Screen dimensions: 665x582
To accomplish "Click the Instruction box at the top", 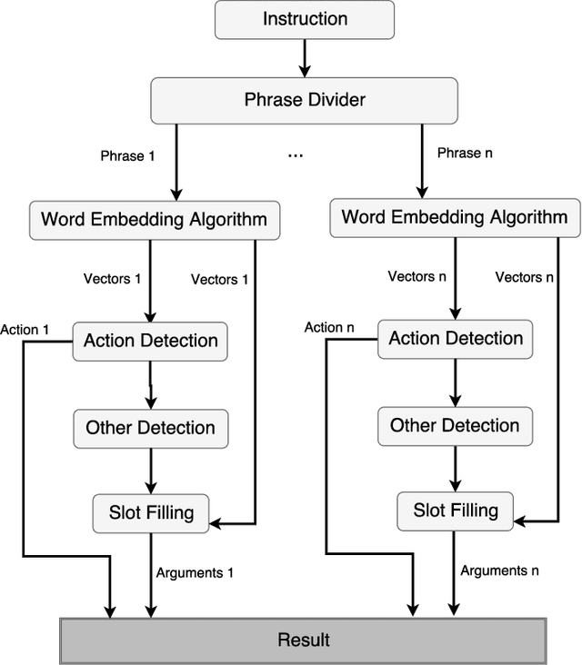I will tap(305, 19).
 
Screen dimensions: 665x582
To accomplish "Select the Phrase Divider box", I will tap(305, 99).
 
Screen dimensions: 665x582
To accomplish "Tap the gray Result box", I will tap(303, 640).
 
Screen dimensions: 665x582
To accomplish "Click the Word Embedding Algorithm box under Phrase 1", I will tap(155, 219).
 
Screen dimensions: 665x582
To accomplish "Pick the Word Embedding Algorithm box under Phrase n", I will tap(454, 217).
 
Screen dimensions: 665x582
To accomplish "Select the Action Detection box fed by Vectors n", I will tap(456, 339).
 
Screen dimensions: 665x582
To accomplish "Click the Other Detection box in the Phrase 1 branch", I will tap(150, 428).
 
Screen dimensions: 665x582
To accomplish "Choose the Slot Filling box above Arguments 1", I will tap(150, 512).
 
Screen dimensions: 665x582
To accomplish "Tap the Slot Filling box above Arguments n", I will tap(456, 510).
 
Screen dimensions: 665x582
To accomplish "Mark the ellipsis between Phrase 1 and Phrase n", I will tap(296, 156).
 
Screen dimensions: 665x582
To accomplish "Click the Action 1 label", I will tap(25, 330).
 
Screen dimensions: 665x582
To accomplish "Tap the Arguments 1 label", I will tap(195, 573).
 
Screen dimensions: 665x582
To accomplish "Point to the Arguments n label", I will tap(499, 571).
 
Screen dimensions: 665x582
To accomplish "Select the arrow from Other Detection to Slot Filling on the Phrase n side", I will tap(455, 468).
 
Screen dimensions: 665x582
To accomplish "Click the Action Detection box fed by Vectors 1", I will tap(150, 342).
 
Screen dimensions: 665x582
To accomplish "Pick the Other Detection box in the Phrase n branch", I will tap(455, 425).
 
